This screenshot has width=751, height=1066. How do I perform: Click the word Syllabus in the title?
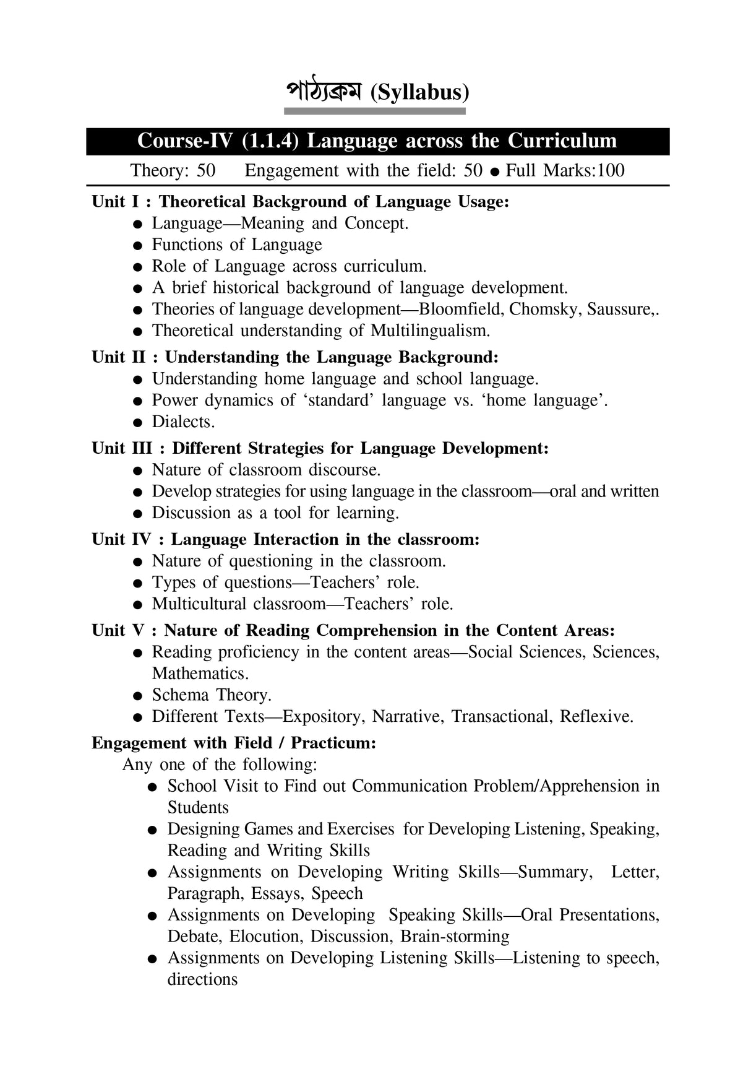pos(419,93)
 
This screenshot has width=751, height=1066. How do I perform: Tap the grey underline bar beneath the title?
pos(374,111)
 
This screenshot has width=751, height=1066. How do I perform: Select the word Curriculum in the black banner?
pos(562,141)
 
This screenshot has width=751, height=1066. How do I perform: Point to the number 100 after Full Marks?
pos(611,170)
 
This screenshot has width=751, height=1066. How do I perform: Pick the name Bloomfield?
pos(461,309)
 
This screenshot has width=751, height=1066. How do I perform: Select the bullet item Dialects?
pos(183,422)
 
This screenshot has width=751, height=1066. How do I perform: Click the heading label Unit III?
pos(122,448)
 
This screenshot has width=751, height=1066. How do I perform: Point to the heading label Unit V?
pos(118,630)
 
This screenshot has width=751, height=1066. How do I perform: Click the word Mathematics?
pos(199,674)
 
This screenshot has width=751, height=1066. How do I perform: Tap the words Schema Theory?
pos(212,695)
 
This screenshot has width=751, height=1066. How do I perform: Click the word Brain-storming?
pos(455,936)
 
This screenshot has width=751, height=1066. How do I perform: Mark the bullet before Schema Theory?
pos(139,696)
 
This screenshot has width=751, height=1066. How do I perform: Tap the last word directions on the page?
pos(202,979)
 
